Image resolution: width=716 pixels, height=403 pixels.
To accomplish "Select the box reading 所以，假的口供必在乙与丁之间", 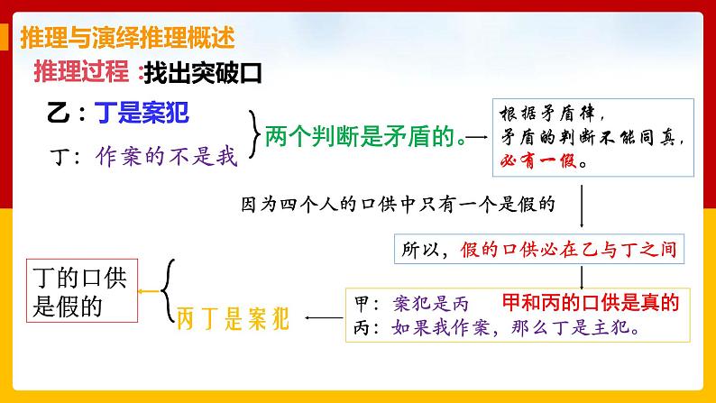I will [536, 250].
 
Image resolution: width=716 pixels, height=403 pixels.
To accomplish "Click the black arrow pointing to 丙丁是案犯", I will [323, 316].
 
